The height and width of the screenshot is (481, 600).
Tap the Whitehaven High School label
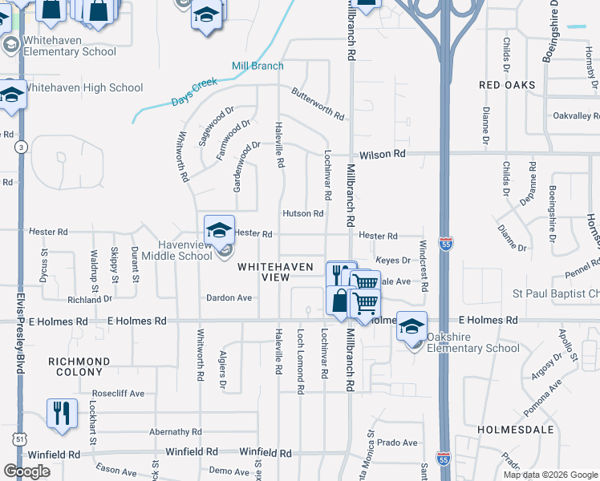click(x=83, y=88)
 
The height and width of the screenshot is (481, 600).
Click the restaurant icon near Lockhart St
click(x=62, y=414)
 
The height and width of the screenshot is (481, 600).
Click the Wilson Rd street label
click(x=383, y=154)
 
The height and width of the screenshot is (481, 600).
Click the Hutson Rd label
click(x=302, y=214)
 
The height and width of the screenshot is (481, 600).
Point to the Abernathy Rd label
click(x=175, y=431)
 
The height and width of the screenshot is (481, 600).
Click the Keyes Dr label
click(x=393, y=260)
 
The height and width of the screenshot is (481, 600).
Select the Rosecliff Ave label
click(x=118, y=394)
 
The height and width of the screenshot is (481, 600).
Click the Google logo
click(x=26, y=471)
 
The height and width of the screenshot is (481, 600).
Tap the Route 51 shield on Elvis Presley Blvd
click(x=20, y=439)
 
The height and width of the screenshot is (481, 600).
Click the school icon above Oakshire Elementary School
click(x=411, y=327)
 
